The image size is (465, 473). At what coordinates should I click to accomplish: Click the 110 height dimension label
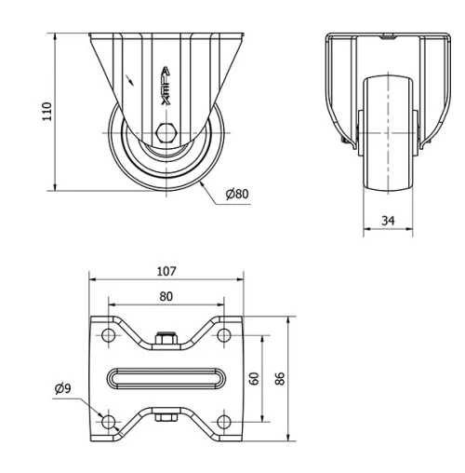tap(46, 111)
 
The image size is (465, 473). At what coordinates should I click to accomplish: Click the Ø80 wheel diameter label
tap(238, 195)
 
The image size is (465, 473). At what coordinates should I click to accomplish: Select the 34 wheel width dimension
tap(389, 221)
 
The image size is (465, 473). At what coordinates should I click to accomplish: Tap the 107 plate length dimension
tap(166, 272)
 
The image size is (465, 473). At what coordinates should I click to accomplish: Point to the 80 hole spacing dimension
tap(166, 297)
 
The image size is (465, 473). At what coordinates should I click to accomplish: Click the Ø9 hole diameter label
tap(63, 389)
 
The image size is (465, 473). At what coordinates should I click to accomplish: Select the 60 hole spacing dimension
tap(254, 378)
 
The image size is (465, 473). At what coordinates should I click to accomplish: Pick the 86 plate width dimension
tap(280, 378)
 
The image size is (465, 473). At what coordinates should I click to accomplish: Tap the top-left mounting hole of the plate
tap(108, 335)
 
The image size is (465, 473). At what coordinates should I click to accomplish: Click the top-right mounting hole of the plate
tap(224, 335)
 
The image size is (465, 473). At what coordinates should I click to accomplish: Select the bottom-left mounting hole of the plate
tap(108, 422)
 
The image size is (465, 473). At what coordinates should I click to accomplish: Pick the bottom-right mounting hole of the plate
tap(224, 422)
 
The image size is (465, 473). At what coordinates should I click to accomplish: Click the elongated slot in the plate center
tap(166, 378)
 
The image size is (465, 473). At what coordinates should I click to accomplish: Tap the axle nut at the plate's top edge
tap(166, 340)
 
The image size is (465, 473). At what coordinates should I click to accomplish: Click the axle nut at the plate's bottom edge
tap(166, 418)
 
